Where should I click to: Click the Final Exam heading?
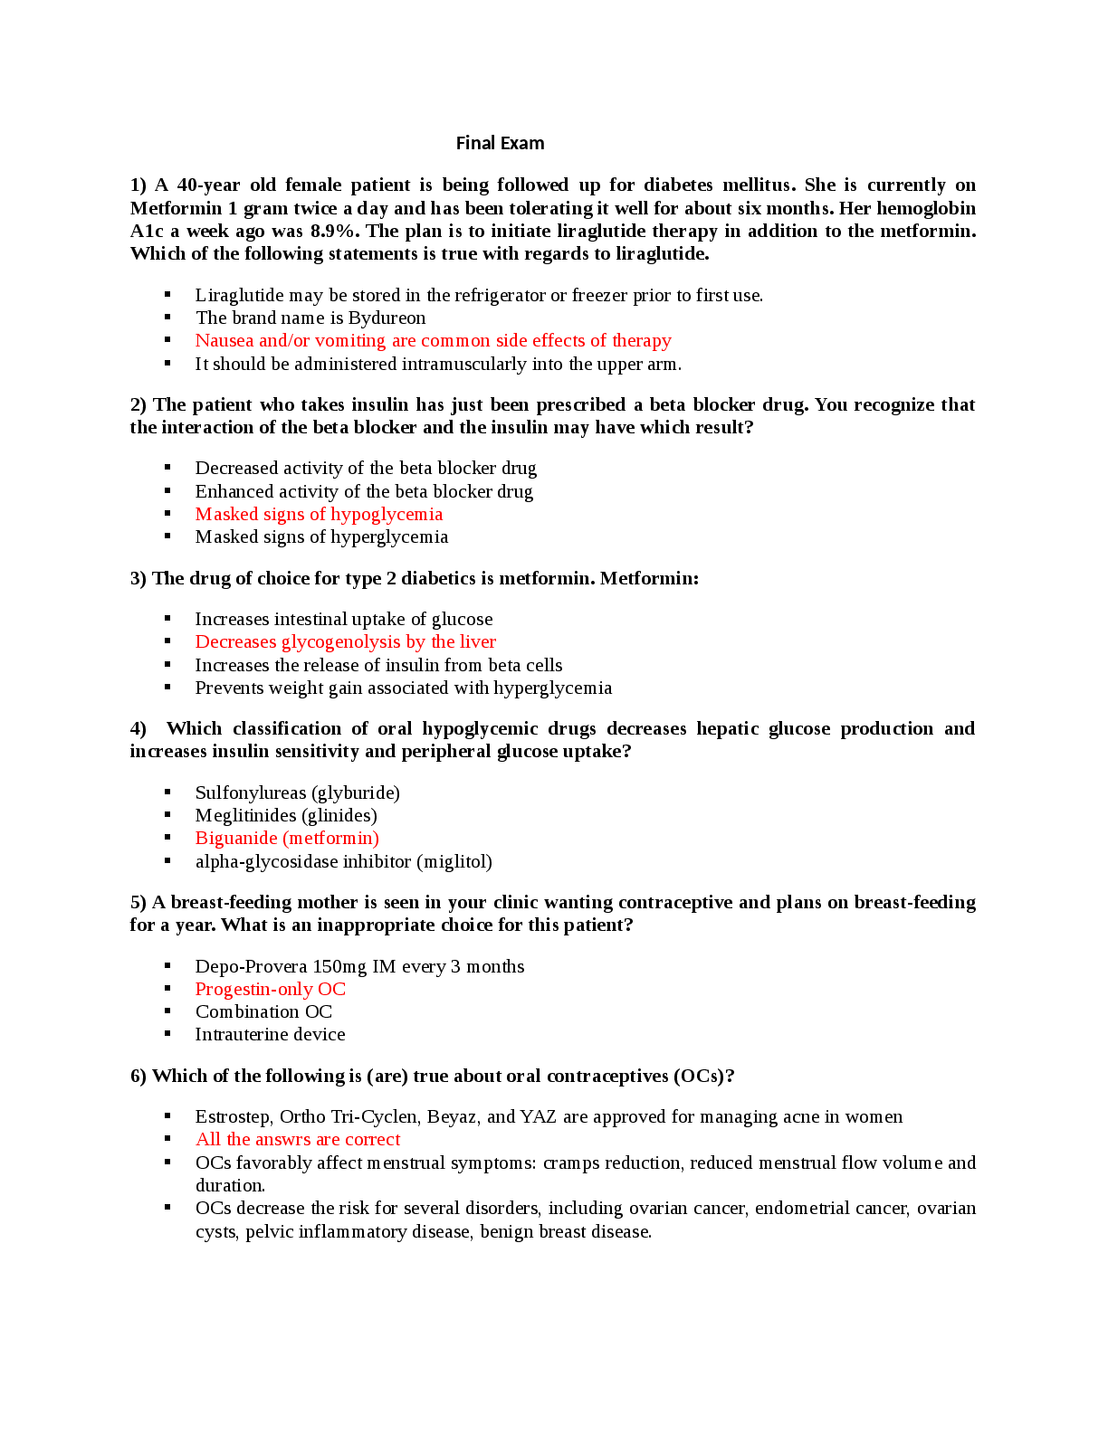[500, 143]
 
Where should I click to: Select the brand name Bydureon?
[387, 318]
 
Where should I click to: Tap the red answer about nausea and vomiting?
[433, 340]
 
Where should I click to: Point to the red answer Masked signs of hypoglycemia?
[319, 514]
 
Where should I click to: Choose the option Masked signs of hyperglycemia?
[321, 536]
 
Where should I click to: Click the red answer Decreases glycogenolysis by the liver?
[345, 641]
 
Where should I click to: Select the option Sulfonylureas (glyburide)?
[297, 792]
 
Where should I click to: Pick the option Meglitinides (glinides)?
[286, 815]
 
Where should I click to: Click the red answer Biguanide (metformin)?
[287, 838]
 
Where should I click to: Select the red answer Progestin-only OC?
[270, 989]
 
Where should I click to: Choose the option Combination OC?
[263, 1011]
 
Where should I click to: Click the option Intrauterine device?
[270, 1034]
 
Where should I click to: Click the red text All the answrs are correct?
[298, 1139]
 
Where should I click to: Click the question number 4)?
[138, 728]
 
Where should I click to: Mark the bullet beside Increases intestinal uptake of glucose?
[167, 619]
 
